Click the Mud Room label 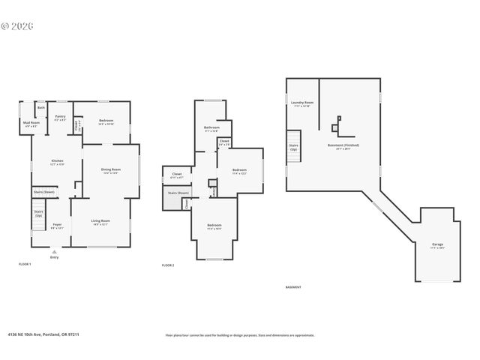[x=31, y=122]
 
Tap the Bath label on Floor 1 [x=41, y=108]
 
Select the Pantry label [x=60, y=117]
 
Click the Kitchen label [x=57, y=161]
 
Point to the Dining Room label [x=111, y=169]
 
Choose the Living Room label [x=101, y=221]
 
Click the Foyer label [x=57, y=225]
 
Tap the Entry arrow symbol [x=54, y=251]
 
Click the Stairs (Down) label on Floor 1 [x=43, y=192]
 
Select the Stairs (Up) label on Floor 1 [x=38, y=213]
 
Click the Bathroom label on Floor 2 [x=211, y=127]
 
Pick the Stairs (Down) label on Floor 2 [x=178, y=193]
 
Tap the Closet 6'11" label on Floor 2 [x=177, y=175]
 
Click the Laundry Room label [x=302, y=103]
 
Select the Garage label [x=438, y=244]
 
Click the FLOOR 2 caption [x=168, y=265]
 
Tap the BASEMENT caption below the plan [x=293, y=286]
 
